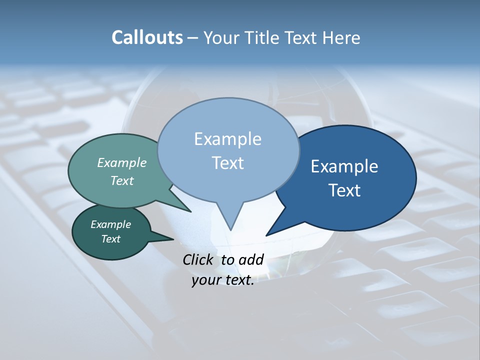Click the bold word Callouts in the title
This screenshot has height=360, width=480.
point(147,37)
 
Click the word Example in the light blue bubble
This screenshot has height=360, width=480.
point(227,139)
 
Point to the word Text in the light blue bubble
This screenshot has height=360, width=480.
point(227,163)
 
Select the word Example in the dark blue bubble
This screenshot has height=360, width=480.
point(344,166)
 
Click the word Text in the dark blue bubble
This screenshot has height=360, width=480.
point(344,190)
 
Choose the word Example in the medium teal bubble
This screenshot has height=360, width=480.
point(122,162)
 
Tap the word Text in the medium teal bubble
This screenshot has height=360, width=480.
point(122,180)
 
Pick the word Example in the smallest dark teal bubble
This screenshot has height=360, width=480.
point(110,224)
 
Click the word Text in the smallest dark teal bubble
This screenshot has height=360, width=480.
point(110,239)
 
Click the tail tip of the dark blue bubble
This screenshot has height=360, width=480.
point(267,234)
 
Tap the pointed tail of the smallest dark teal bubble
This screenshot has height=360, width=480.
point(171,239)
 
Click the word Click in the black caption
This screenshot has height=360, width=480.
point(198,259)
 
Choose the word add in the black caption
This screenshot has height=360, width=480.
point(250,259)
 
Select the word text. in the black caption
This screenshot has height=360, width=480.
point(238,280)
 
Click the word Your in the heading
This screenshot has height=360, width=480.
point(221,37)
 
